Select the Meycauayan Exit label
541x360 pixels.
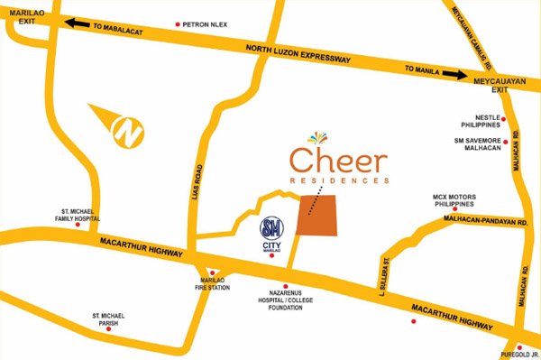(499, 86)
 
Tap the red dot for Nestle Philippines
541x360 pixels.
(504, 119)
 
